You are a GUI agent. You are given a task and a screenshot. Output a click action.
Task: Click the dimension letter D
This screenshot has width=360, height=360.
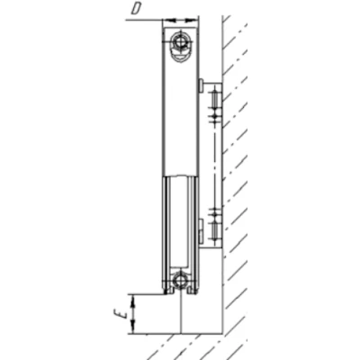pos(136,9)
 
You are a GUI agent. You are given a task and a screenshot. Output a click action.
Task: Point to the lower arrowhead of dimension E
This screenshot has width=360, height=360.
pos(133,327)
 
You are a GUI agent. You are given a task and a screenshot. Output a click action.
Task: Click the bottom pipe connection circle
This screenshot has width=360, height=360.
pos(181,281)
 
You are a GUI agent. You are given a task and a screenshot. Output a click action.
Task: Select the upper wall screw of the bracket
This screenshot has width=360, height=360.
pos(214,102)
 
